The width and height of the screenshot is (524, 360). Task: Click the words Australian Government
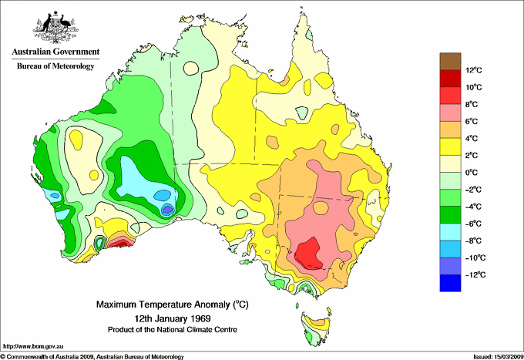point(55,52)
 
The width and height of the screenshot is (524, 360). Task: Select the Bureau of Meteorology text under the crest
point(55,66)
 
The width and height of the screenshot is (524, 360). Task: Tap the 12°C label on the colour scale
point(474,70)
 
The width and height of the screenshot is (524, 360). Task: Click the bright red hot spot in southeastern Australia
point(309,252)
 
